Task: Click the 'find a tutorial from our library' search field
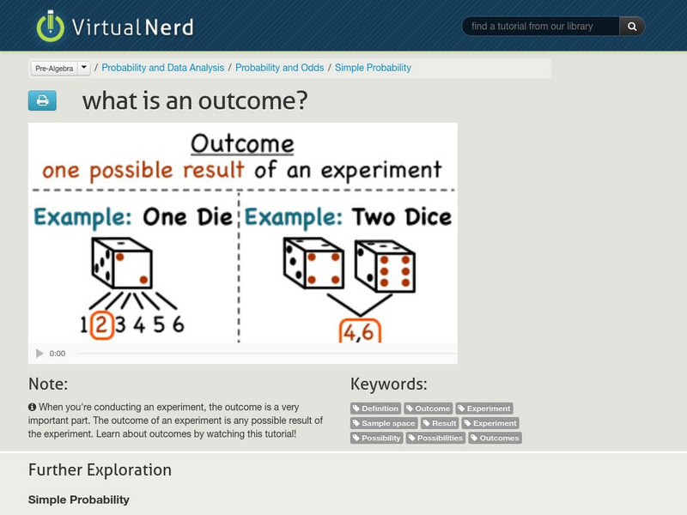(x=540, y=27)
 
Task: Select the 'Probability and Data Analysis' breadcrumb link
(x=162, y=68)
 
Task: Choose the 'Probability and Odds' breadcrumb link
(x=279, y=68)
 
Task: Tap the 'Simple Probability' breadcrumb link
(x=373, y=68)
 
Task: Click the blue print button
(x=42, y=101)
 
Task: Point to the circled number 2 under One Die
(x=101, y=324)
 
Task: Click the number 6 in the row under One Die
(x=177, y=324)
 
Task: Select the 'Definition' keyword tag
(x=376, y=409)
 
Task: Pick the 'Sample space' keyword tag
(x=385, y=423)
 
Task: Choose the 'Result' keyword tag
(x=440, y=423)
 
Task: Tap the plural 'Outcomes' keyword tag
(x=495, y=438)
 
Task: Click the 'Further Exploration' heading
(x=100, y=470)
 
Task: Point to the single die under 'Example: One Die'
(x=121, y=263)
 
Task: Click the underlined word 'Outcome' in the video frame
(x=241, y=142)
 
